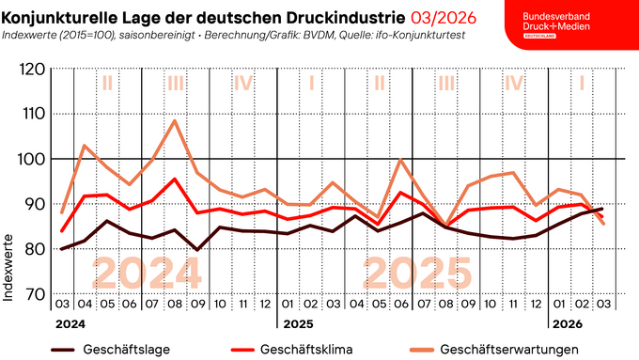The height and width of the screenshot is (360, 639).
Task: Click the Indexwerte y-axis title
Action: click(x=9, y=268)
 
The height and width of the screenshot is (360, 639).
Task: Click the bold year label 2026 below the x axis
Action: click(x=566, y=324)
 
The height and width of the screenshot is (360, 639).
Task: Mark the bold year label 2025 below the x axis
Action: click(x=298, y=324)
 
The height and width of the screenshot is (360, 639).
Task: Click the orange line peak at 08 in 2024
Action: click(x=175, y=120)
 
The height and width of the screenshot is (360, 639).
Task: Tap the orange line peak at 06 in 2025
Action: click(x=401, y=159)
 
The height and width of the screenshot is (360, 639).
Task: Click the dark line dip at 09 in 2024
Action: click(x=196, y=250)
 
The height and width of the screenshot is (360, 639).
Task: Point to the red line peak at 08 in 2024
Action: click(x=175, y=179)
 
